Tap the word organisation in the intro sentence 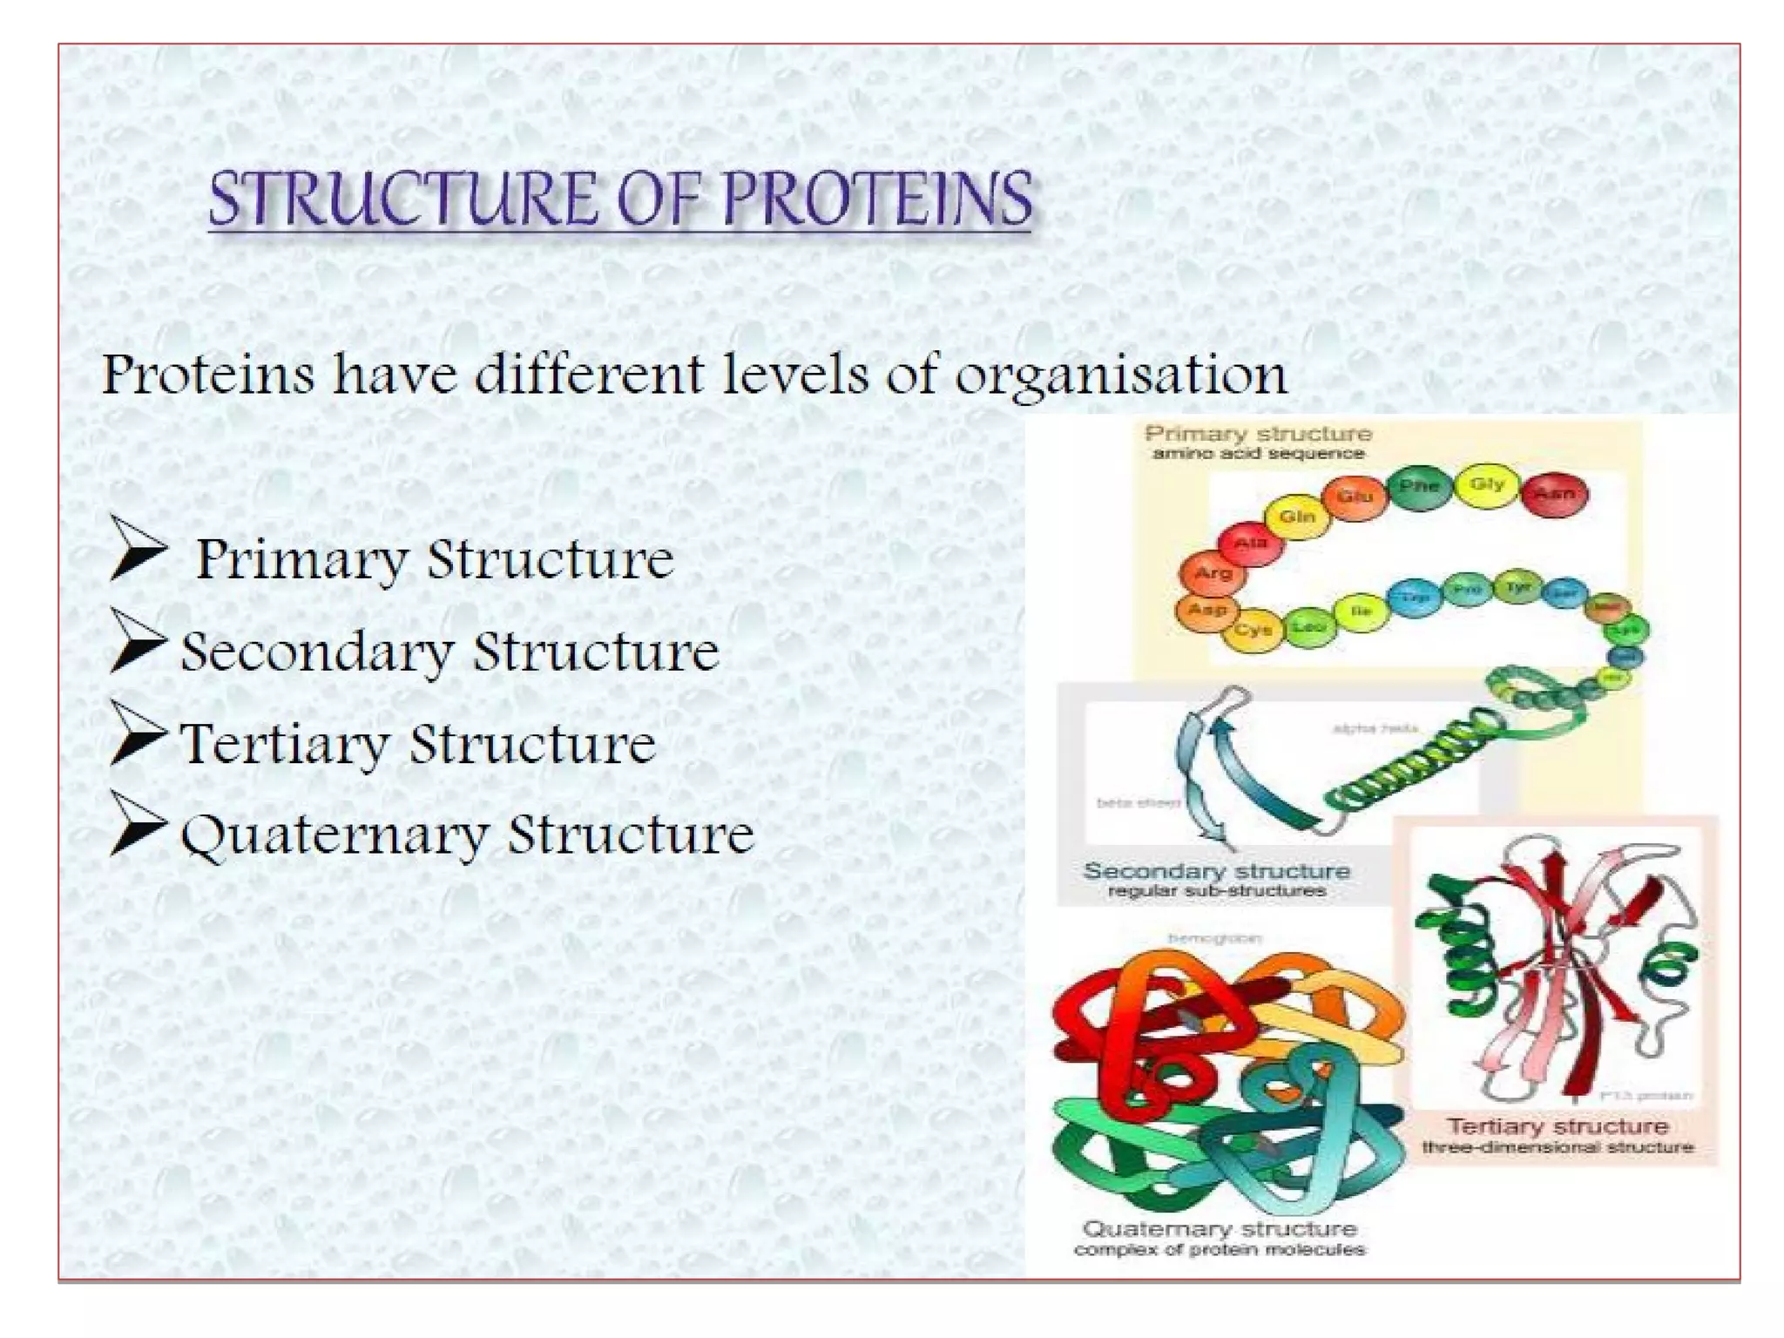click(1121, 375)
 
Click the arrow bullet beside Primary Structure click(138, 549)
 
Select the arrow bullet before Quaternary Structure click(138, 823)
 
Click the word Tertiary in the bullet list click(284, 745)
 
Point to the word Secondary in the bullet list click(317, 652)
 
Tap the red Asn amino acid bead click(1555, 494)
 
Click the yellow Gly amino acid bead click(1487, 484)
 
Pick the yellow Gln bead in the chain click(1296, 517)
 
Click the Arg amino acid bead click(1213, 572)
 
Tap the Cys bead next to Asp click(1253, 629)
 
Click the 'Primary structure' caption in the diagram click(1258, 434)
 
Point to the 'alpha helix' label click(1375, 728)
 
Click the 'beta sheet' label click(1138, 802)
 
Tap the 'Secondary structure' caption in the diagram click(1216, 871)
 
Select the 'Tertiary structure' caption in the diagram click(1557, 1126)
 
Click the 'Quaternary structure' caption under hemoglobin click(1219, 1229)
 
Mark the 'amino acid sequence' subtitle click(1258, 454)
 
